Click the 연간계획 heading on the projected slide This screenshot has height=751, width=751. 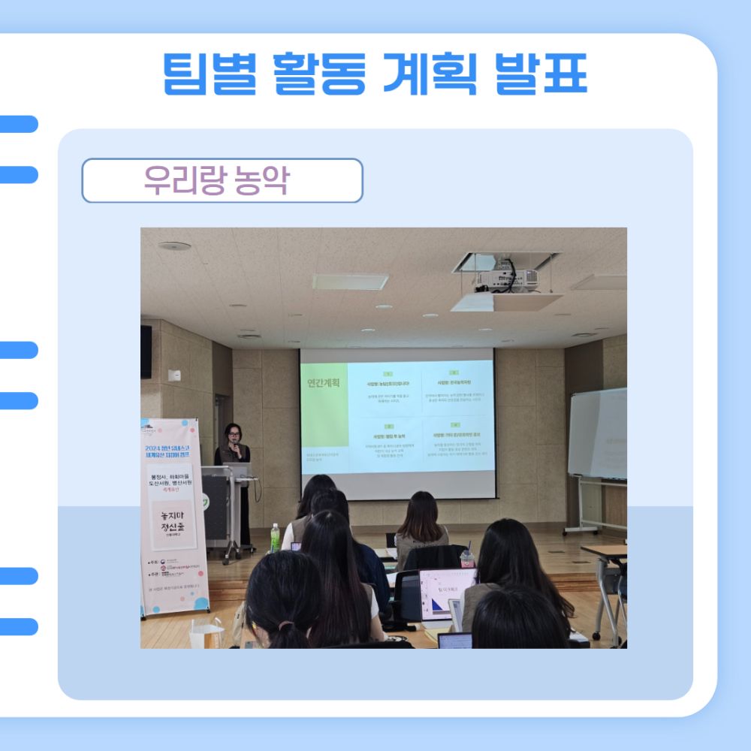point(324,382)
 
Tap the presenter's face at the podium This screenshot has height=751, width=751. point(233,433)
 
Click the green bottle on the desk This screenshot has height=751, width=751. point(275,538)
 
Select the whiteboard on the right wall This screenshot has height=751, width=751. point(597,434)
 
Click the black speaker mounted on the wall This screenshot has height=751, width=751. point(146,351)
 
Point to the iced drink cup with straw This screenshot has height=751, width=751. point(467,557)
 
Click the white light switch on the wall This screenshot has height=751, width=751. point(174,375)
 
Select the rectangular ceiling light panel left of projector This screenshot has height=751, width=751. point(350,282)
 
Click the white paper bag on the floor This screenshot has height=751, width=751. point(207,635)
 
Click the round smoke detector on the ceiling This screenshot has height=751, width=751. point(174,246)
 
